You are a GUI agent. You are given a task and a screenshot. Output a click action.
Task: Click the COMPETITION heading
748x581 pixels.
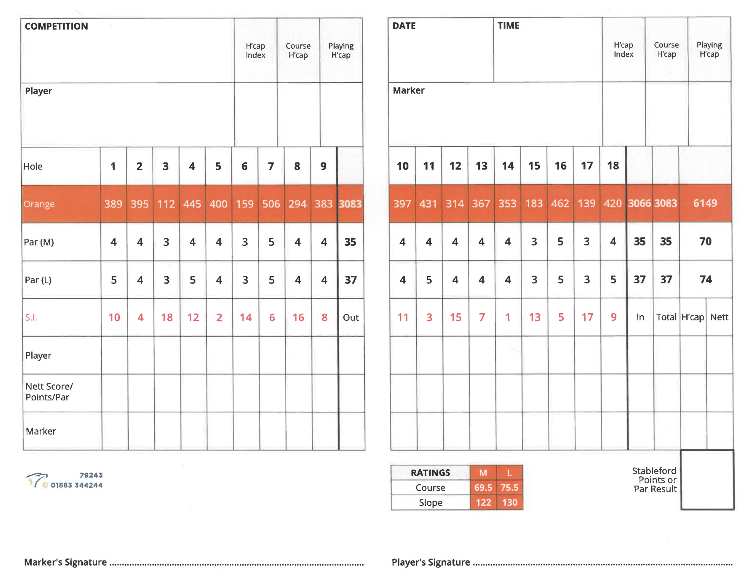coord(56,26)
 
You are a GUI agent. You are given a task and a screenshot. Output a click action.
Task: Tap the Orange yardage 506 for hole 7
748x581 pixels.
coord(271,204)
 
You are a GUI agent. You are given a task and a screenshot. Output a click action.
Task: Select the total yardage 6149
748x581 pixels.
coord(705,203)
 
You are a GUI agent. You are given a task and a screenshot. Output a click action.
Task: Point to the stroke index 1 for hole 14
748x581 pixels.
coord(508,317)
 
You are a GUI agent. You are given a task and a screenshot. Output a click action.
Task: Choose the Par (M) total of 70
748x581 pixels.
coord(705,241)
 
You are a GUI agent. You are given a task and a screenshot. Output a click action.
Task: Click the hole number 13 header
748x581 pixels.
coord(481,166)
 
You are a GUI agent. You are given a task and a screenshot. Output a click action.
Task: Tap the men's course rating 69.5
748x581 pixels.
coord(483,487)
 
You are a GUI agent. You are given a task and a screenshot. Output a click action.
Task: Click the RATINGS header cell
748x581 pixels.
coord(430,473)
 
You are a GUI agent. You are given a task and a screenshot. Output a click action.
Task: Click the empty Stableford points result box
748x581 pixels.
coord(707,480)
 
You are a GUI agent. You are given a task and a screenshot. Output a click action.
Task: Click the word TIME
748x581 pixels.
coord(508,26)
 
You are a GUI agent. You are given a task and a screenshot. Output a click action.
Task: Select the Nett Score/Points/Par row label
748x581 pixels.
coord(49,392)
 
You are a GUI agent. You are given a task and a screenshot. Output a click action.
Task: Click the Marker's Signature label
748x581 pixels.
coord(65,562)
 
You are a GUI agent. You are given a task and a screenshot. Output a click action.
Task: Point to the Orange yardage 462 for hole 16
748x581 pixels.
coord(560,203)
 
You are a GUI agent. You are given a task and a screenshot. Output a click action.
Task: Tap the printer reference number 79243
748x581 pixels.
coord(91,475)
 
